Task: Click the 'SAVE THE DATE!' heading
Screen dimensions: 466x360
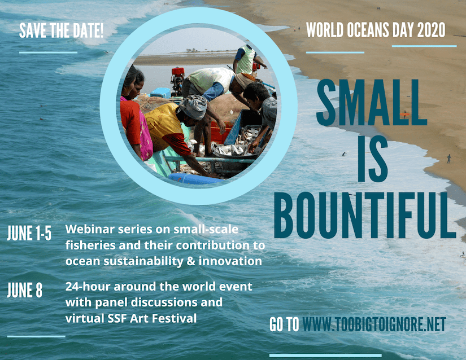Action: [x=61, y=30]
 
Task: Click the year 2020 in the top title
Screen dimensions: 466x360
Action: [x=431, y=30]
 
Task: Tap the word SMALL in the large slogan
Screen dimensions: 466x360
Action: [x=372, y=102]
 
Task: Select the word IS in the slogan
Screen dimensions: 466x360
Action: [x=373, y=159]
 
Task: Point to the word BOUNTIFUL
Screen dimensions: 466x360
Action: [x=365, y=215]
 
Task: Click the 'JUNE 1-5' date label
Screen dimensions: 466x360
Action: [x=29, y=232]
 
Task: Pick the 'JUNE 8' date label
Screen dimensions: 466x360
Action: [x=25, y=290]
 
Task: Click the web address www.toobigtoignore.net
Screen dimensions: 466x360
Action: [x=374, y=324]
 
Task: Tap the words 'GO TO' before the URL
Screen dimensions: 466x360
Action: [x=284, y=324]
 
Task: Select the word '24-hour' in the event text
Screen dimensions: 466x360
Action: [x=88, y=287]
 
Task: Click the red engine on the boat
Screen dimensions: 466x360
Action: [x=178, y=77]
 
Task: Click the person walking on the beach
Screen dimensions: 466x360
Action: [x=448, y=159]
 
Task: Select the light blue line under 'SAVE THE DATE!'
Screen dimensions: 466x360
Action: [x=48, y=52]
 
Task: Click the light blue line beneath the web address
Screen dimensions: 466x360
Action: [x=325, y=355]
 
